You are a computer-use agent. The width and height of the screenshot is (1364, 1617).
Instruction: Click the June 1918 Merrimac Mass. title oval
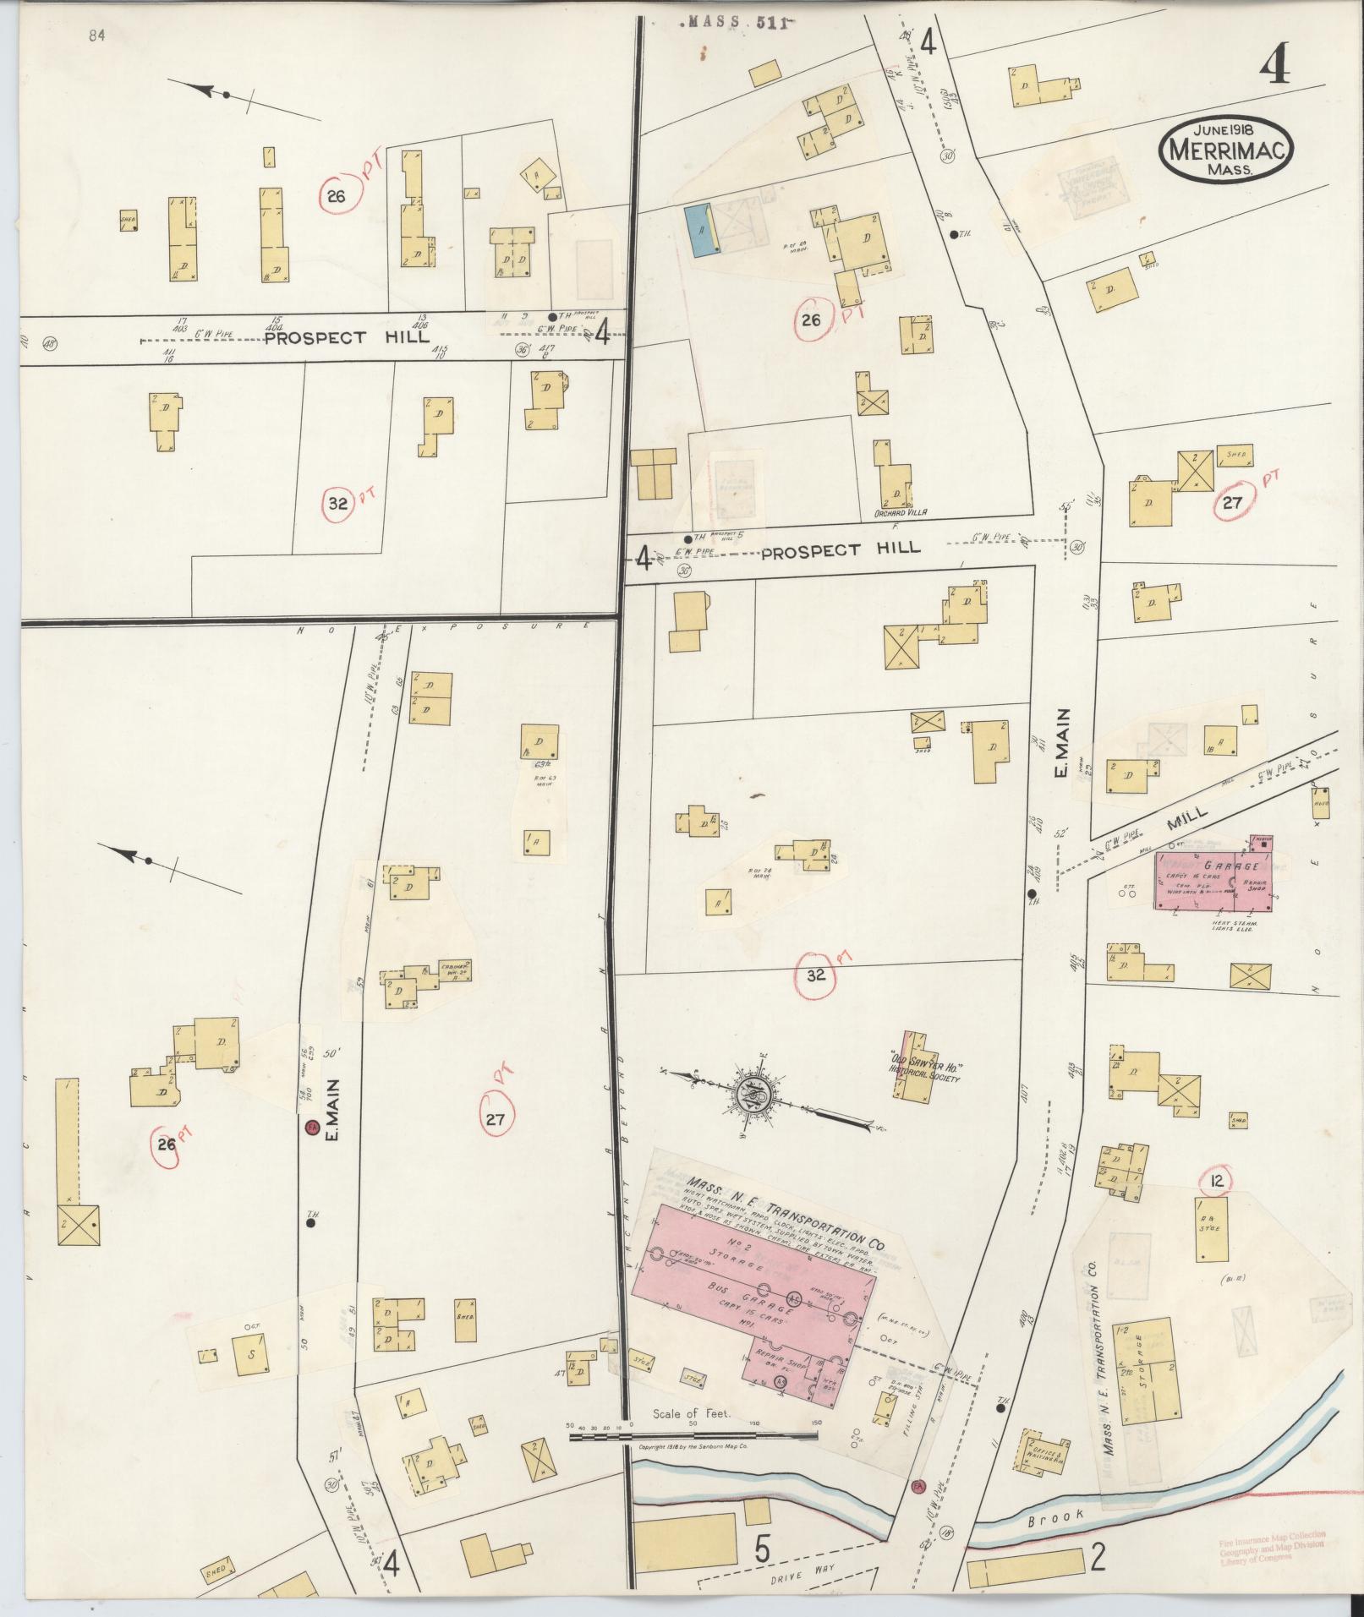point(1225,148)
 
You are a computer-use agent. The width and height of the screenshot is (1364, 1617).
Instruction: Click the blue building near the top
point(699,230)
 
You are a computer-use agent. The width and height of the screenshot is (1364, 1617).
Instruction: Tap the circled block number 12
point(1218,1181)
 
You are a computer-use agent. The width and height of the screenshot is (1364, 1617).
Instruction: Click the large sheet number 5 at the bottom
point(762,1552)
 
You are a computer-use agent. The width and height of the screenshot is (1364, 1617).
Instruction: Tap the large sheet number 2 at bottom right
point(1097,1557)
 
